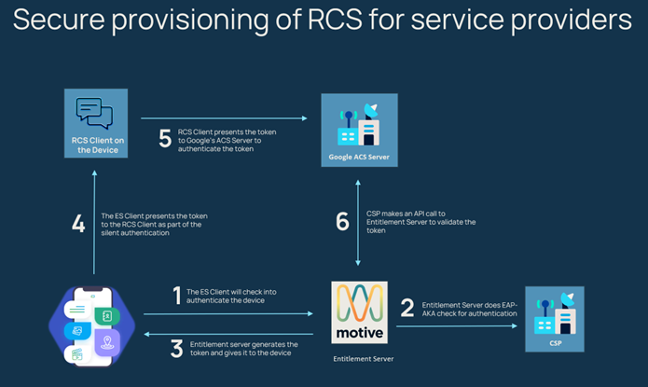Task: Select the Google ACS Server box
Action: pyautogui.click(x=359, y=129)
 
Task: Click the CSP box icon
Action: pyautogui.click(x=554, y=318)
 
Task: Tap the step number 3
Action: pyautogui.click(x=176, y=349)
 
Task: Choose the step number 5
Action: pyautogui.click(x=165, y=139)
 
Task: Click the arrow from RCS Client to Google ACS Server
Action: pyautogui.click(x=224, y=118)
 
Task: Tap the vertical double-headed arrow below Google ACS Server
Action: pyautogui.click(x=359, y=225)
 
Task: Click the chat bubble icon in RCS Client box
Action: pyautogui.click(x=93, y=114)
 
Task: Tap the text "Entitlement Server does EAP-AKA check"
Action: pyautogui.click(x=470, y=305)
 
